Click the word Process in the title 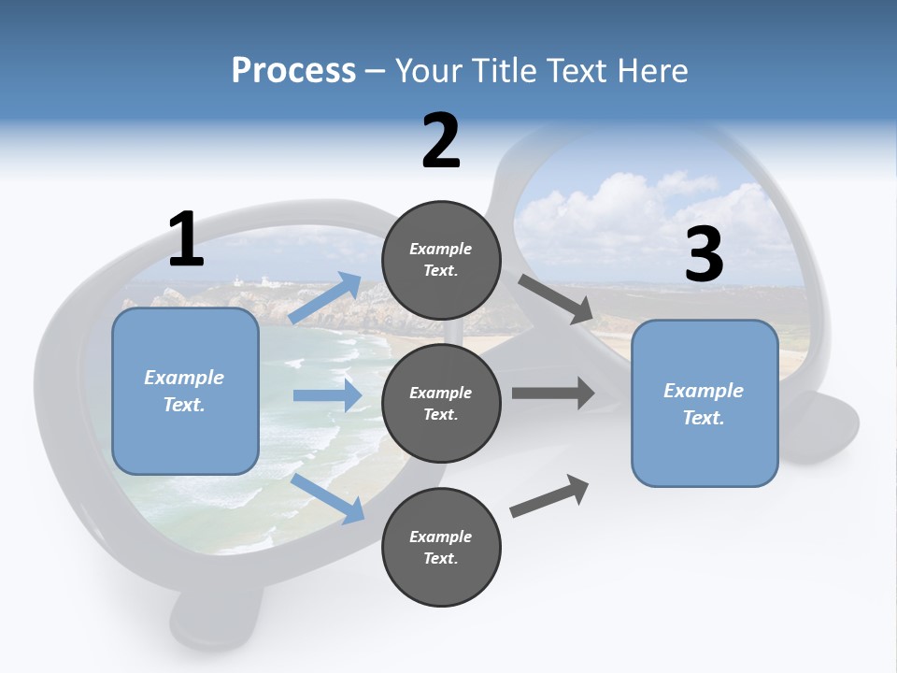point(293,70)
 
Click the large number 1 point(186,240)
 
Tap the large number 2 point(441,142)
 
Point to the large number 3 point(704,255)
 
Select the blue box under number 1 point(185,391)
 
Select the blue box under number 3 point(705,403)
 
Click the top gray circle point(441,260)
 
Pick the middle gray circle point(441,403)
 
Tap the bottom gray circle point(441,547)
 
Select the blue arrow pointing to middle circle point(328,395)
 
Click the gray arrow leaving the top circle point(557,299)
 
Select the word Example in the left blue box point(184,378)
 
